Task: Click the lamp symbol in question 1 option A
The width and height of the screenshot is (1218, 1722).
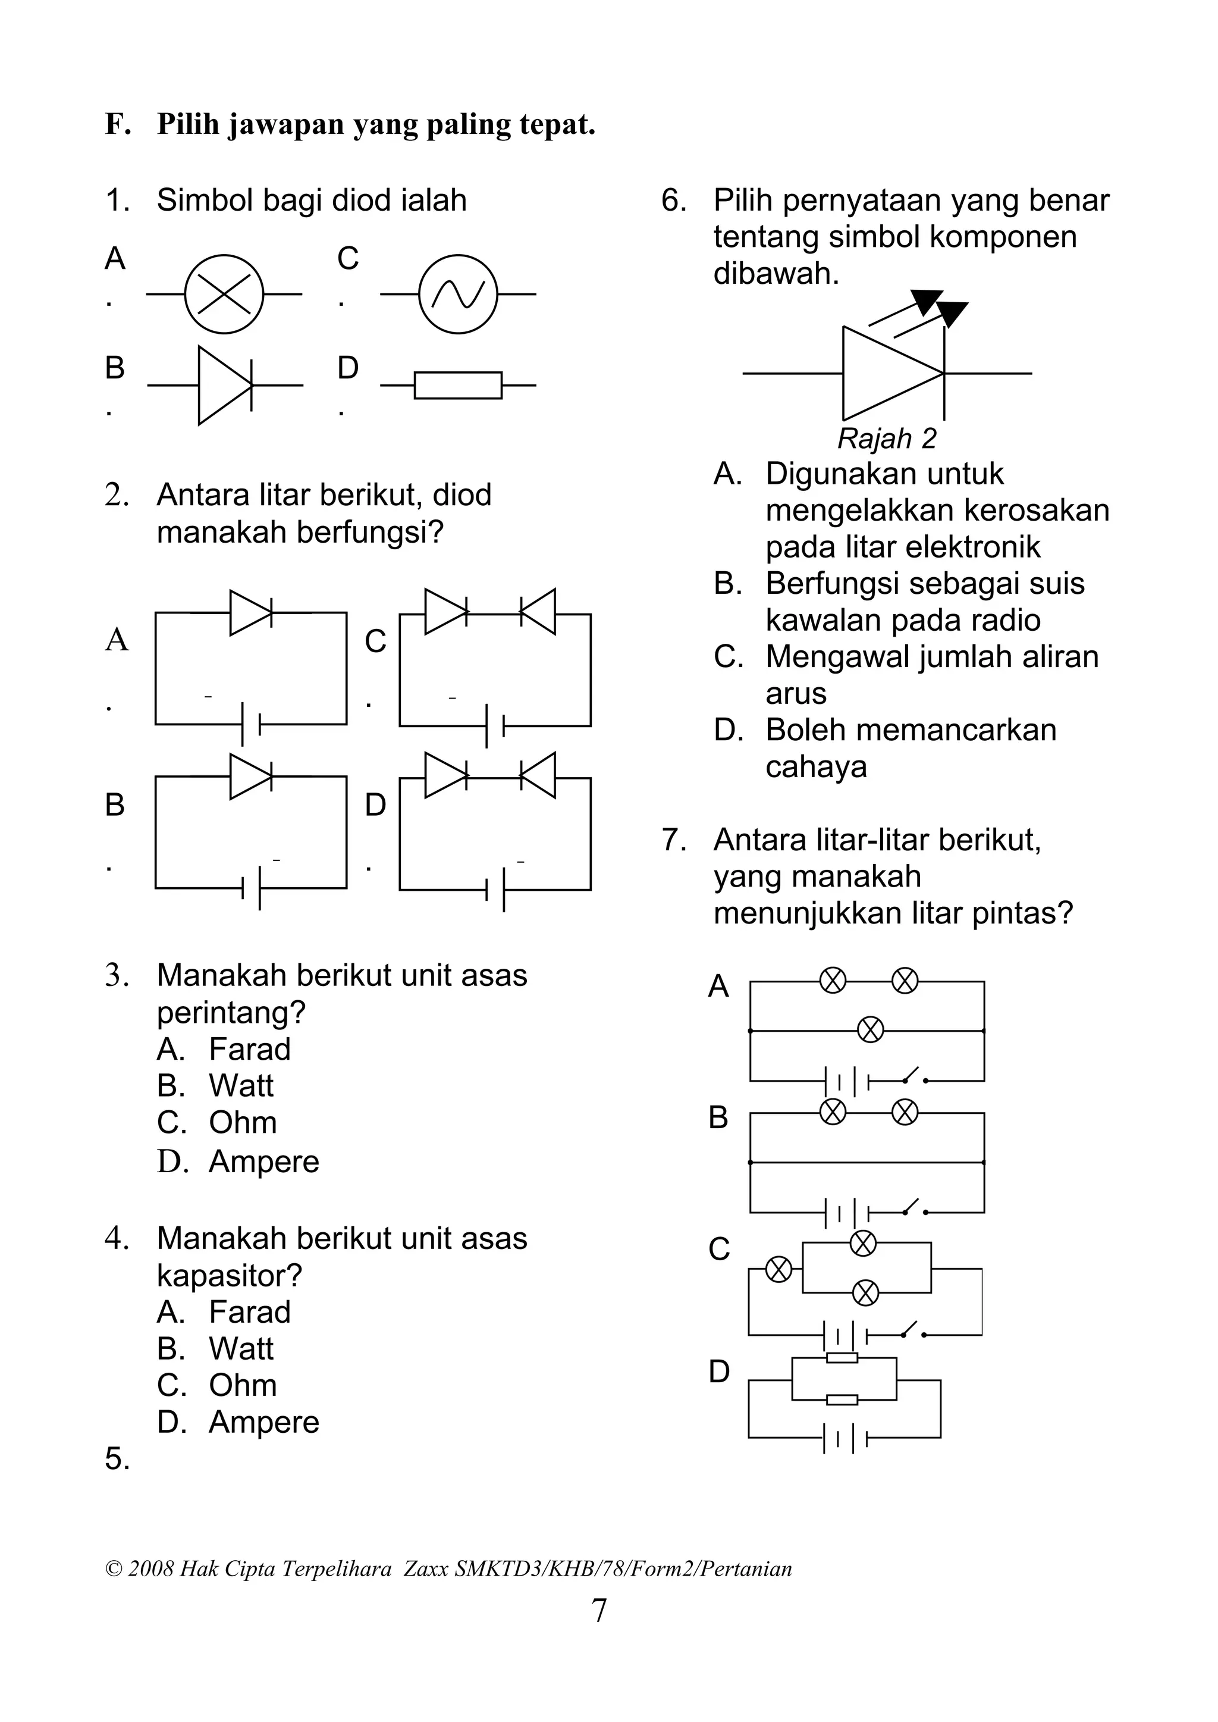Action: [224, 294]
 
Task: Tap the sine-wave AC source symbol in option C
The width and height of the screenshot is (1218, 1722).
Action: [457, 294]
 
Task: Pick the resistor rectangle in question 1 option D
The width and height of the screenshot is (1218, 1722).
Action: [457, 385]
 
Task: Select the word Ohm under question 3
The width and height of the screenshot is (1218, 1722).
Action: [242, 1123]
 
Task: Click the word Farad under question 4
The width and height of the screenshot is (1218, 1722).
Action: [249, 1312]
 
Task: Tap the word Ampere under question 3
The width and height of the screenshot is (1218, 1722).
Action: [263, 1161]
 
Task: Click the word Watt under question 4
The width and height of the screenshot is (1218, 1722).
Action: [241, 1349]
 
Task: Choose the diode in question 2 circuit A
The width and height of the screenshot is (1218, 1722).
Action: [250, 613]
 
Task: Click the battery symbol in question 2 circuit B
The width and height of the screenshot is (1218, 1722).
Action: [250, 888]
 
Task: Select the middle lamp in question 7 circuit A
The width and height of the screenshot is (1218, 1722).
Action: [870, 1029]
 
